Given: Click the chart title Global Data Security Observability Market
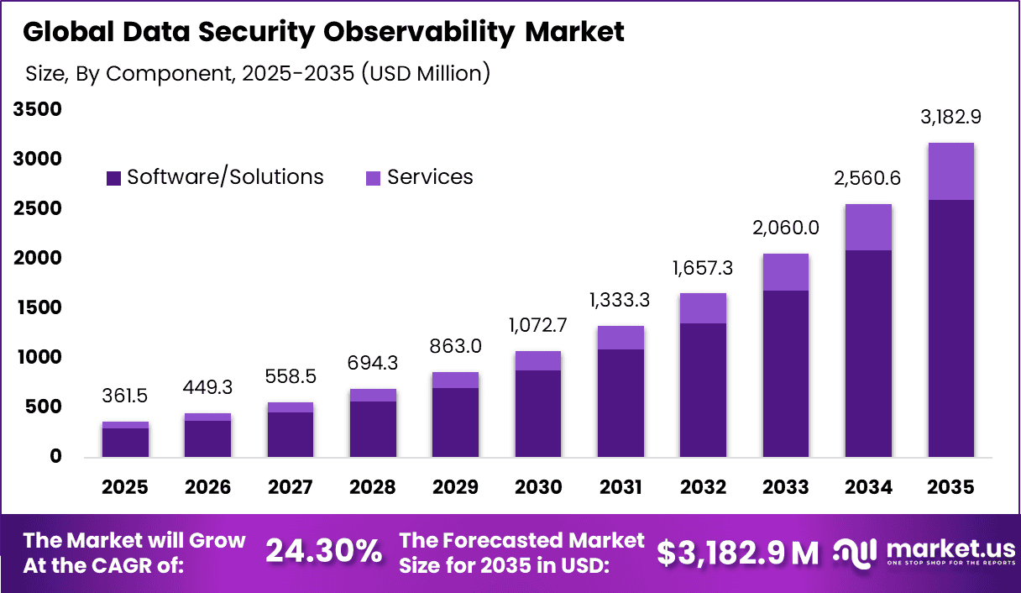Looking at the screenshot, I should (323, 32).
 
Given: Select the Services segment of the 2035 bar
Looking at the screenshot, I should (951, 171).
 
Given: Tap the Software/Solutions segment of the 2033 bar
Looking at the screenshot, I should (786, 373).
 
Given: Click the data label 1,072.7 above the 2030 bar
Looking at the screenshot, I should (538, 326).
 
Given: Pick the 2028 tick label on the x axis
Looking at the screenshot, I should (373, 487).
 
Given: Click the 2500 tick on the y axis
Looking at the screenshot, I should (37, 208).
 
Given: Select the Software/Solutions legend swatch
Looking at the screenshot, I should (114, 178).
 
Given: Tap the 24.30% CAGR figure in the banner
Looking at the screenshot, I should (323, 552).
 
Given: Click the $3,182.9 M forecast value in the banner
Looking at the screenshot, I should (737, 552).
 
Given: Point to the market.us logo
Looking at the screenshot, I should (924, 552).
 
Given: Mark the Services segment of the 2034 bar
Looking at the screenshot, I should (868, 227).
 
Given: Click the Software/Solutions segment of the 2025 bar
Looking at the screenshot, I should (125, 443).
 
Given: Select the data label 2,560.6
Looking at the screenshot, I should (868, 178).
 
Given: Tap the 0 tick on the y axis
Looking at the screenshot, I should (55, 457).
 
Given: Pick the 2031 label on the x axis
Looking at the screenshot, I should (620, 487).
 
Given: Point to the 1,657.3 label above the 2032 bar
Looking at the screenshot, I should (703, 268).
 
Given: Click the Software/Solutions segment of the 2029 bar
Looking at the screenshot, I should (455, 422).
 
